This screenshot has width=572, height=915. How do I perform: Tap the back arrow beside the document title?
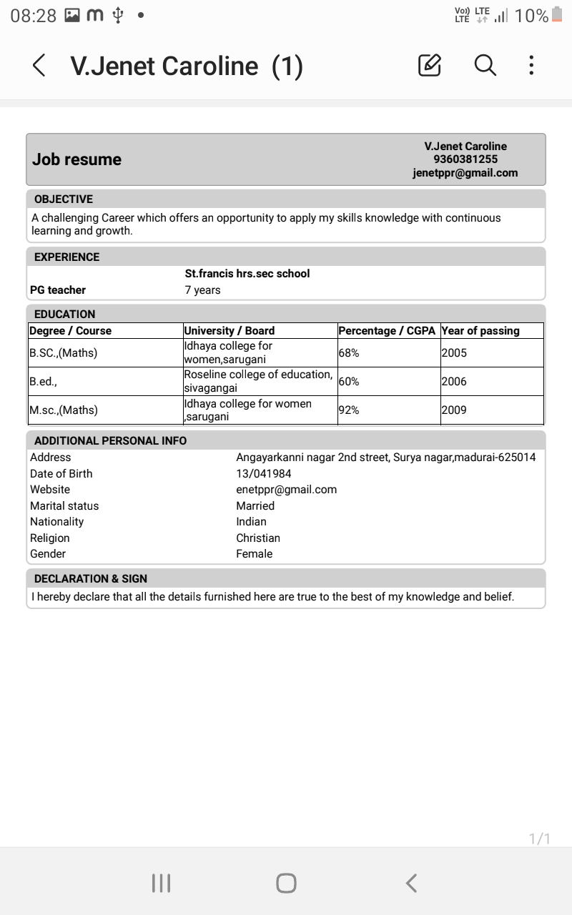39,66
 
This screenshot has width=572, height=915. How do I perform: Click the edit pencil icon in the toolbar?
429,65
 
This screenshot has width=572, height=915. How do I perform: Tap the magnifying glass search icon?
485,65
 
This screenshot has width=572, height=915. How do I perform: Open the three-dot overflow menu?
531,65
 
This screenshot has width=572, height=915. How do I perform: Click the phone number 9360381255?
465,159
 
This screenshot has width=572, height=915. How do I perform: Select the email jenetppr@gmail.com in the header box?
465,173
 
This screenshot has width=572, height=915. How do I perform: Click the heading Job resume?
77,159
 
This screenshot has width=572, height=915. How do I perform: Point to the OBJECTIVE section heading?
64,199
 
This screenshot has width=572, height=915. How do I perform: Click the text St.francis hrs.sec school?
247,274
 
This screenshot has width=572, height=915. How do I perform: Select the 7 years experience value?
202,290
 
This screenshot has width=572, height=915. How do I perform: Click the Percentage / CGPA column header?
387,331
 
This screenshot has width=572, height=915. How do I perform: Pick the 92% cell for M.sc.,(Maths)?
349,410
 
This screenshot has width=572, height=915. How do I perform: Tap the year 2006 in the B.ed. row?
454,382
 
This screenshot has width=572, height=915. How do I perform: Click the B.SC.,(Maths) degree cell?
64,353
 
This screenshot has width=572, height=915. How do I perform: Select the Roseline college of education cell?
258,381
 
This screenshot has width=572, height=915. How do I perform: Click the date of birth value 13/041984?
264,474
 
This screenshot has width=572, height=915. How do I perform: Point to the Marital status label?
64,506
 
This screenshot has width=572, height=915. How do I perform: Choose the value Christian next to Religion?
258,538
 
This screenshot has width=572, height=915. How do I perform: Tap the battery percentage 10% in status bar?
531,16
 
